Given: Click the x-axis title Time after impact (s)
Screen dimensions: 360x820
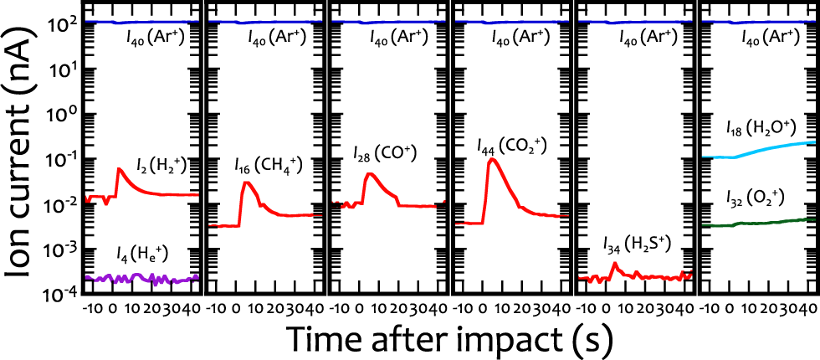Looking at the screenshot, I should tap(449, 338).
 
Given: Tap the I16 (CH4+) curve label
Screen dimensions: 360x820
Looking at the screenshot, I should tap(268, 164).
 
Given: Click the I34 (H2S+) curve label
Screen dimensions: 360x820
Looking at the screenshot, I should tap(637, 244).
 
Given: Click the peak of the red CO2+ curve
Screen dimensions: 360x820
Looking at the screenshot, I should tap(494, 159).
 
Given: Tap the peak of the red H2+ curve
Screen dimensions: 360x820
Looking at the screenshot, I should tap(120, 168).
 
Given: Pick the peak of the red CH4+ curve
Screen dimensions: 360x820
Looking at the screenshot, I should tap(246, 182).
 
